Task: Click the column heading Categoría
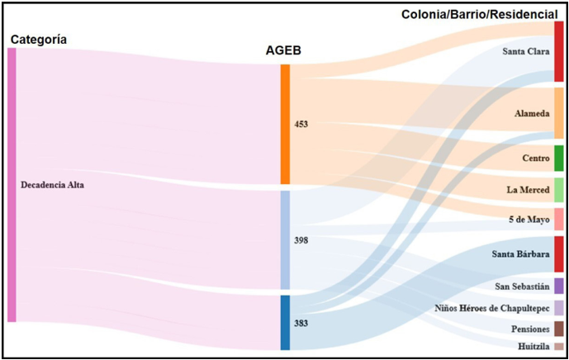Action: pos(38,40)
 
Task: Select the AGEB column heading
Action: pos(282,51)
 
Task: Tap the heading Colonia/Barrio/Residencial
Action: pos(485,14)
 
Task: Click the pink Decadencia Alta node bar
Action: pos(12,185)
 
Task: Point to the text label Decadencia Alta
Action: pos(52,185)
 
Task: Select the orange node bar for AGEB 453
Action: pos(285,124)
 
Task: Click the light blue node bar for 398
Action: pos(285,239)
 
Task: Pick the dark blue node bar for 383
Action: pos(285,322)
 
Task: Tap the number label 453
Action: pos(301,125)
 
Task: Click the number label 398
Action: pos(301,240)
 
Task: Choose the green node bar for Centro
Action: pos(559,158)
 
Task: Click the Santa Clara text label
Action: pos(526,51)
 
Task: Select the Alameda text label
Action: pos(533,114)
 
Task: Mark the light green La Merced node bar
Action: pos(559,190)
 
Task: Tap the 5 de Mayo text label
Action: pos(529,220)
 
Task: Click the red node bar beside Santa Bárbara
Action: pos(559,254)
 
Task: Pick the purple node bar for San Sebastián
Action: pos(559,286)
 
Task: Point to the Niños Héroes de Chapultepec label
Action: pos(492,308)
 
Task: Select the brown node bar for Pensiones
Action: pos(559,329)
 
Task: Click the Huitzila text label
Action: pos(533,347)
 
